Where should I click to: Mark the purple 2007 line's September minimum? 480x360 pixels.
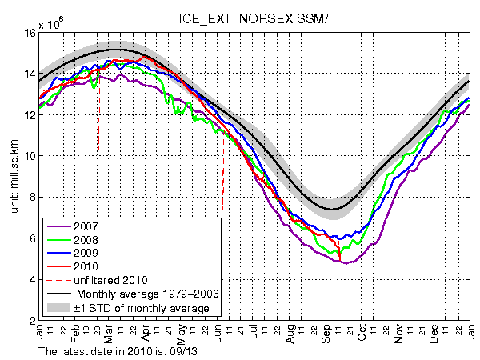343,262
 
